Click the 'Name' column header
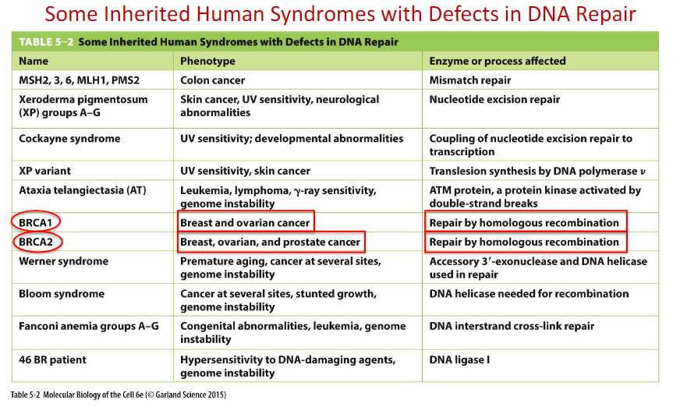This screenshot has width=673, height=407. click(34, 61)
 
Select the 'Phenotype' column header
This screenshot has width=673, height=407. click(207, 62)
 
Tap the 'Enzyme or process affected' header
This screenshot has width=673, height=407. click(498, 61)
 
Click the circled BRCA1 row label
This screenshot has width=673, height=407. click(36, 222)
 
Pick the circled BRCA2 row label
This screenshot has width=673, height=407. click(37, 242)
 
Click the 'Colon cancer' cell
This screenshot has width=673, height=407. click(212, 80)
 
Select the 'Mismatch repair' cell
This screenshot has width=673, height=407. click(470, 80)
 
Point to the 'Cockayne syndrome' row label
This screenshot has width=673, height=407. click(69, 139)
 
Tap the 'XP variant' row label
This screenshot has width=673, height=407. click(44, 171)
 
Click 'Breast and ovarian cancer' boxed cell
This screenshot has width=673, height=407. click(245, 222)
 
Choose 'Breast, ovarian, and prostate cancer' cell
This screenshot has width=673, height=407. click(271, 242)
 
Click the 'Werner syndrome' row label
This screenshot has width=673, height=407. click(63, 261)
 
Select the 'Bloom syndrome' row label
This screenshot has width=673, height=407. click(62, 294)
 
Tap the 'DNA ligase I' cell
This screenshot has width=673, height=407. click(459, 359)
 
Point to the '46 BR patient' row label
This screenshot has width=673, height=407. click(52, 359)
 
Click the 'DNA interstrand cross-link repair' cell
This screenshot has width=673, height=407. click(512, 326)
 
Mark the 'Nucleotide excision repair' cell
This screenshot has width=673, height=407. click(494, 100)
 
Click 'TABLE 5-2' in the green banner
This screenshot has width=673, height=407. click(46, 41)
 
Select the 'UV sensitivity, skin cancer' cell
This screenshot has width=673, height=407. click(245, 171)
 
